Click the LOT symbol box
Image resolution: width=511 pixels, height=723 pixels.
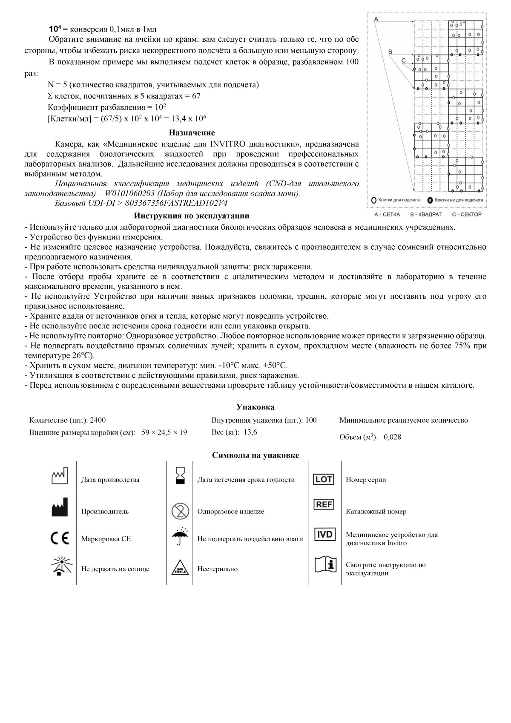tap(324, 479)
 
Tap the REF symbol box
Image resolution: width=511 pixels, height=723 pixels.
tap(324, 505)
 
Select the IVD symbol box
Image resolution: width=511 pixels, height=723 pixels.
tap(324, 534)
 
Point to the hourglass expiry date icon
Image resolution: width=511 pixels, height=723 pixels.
tap(181, 475)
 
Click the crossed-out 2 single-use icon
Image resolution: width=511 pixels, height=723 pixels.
tap(180, 511)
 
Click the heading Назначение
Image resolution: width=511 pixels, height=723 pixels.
tap(192, 133)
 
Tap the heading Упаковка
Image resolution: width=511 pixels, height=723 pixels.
tap(255, 407)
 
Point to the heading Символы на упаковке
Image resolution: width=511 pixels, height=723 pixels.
tap(255, 455)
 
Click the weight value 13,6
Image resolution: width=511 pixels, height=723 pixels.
tap(250, 432)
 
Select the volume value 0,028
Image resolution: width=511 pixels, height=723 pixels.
tap(392, 437)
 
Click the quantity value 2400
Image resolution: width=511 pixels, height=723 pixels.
tap(98, 420)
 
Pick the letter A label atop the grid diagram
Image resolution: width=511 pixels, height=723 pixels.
tap(376, 19)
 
